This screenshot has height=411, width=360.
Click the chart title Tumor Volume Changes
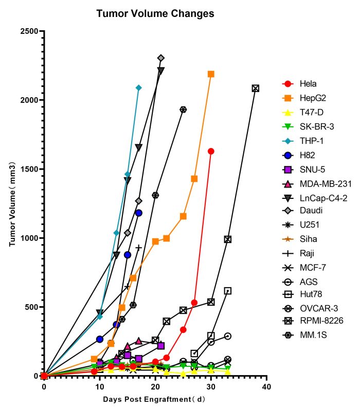[x=155, y=14]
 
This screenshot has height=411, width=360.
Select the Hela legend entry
[x=308, y=84]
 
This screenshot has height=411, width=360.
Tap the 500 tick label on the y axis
[x=32, y=307]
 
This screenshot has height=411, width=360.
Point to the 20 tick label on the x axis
[x=155, y=385]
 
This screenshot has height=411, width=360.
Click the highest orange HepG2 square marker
[x=211, y=74]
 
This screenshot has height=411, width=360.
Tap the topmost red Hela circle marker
[x=211, y=151]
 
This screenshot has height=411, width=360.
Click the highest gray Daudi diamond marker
[x=161, y=58]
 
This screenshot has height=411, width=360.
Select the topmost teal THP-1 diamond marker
[x=138, y=88]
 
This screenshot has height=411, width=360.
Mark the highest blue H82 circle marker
[x=138, y=213]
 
